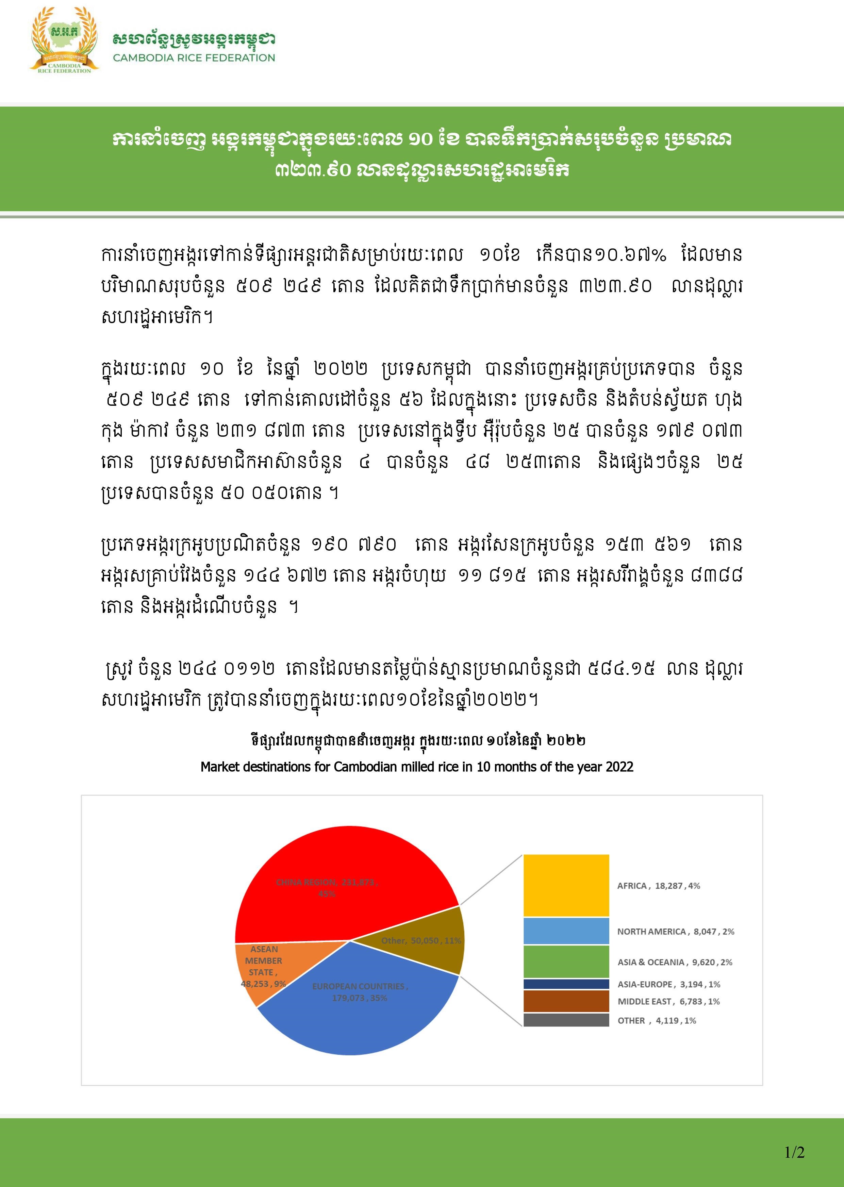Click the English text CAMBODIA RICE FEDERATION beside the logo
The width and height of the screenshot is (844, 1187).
click(194, 58)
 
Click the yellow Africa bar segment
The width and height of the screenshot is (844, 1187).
click(566, 885)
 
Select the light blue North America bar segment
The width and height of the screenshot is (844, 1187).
click(566, 931)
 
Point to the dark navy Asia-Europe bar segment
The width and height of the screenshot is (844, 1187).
click(566, 984)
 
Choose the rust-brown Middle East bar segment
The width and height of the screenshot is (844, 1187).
click(566, 1001)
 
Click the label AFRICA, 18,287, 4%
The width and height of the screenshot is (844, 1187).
click(659, 886)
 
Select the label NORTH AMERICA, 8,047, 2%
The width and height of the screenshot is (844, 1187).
click(676, 932)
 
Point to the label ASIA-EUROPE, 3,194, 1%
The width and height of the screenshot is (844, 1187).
click(669, 984)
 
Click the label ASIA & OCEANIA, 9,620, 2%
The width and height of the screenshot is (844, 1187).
click(675, 962)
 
